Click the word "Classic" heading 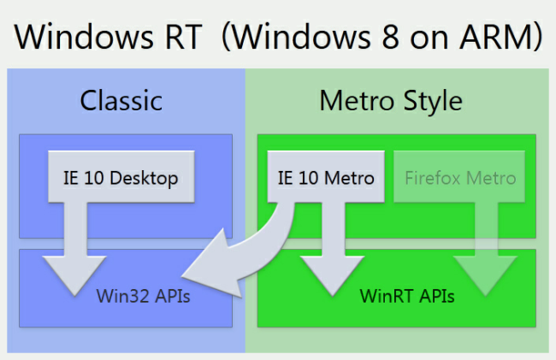[x=121, y=101]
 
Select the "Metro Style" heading [x=391, y=101]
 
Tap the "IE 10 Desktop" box [x=120, y=179]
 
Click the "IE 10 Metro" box [x=326, y=179]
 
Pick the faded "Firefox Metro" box [x=460, y=179]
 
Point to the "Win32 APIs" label [x=143, y=298]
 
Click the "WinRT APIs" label [x=406, y=298]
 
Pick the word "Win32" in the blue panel [x=118, y=298]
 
